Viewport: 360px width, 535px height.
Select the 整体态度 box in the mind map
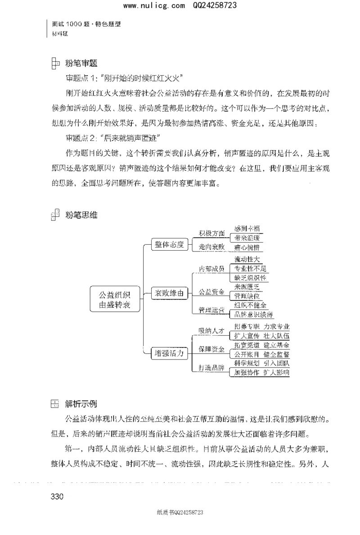(x=168, y=244)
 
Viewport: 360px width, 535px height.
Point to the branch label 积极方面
(x=212, y=234)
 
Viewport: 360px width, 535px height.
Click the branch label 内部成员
(x=212, y=269)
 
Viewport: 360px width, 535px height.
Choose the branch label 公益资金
(x=212, y=292)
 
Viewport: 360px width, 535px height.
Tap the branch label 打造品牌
(x=212, y=367)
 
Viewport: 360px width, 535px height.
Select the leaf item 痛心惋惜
(x=249, y=247)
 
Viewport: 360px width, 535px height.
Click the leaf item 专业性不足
(x=251, y=269)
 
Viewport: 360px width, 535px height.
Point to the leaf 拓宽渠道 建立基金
(x=262, y=345)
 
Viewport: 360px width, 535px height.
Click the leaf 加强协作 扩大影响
(x=262, y=372)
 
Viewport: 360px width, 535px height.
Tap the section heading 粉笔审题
(x=81, y=63)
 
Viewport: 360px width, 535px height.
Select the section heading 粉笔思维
(x=81, y=215)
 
